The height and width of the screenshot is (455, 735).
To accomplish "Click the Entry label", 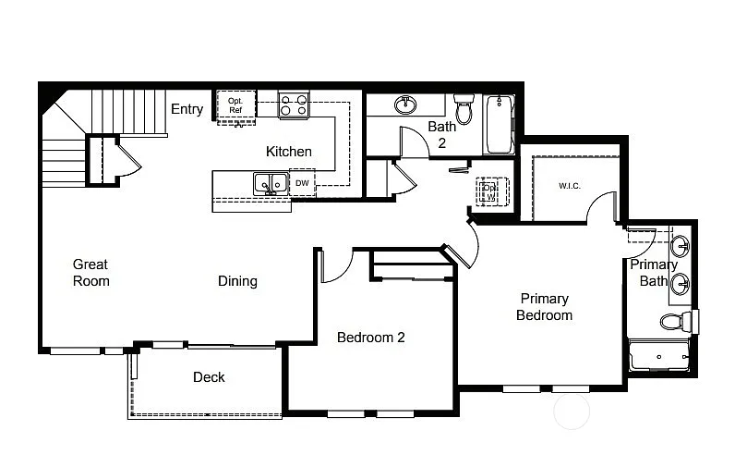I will [x=187, y=109].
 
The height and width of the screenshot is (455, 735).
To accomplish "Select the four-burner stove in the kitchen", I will [x=294, y=105].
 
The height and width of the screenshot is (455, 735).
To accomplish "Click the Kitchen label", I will [x=289, y=152].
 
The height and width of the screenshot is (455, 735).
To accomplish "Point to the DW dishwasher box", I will [x=302, y=183].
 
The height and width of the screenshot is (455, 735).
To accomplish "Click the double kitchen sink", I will [x=270, y=184].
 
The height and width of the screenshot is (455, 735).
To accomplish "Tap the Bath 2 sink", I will [x=405, y=105].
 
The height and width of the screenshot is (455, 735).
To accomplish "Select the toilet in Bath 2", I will [x=464, y=110].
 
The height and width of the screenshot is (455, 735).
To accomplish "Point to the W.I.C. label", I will [x=569, y=186].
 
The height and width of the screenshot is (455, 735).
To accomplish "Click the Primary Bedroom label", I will [x=544, y=307].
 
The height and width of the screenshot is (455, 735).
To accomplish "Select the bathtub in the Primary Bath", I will [x=659, y=356].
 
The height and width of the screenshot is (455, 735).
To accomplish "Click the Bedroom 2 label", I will [x=370, y=338].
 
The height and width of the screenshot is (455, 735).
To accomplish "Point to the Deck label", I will [x=209, y=377].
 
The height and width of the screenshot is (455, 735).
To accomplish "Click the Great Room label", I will [x=90, y=273].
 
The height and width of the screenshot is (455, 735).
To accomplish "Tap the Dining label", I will [x=237, y=281].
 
